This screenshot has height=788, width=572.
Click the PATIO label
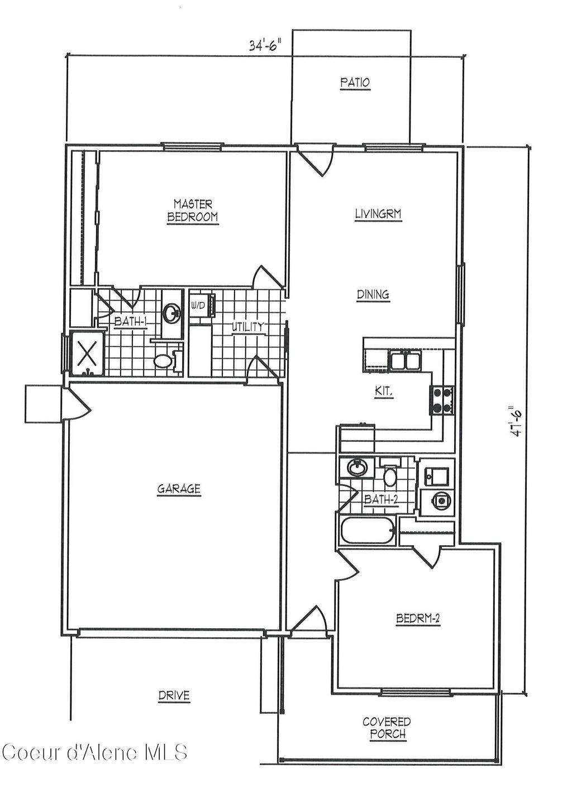[x=355, y=83]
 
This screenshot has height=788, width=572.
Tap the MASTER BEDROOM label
[x=192, y=211]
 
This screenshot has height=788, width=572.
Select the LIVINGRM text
[x=378, y=214]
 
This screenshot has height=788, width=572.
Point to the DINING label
[x=373, y=295]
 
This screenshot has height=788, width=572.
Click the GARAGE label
[x=178, y=489]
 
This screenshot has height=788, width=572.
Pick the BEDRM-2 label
[x=418, y=619]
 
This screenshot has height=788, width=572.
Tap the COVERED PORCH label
[x=387, y=728]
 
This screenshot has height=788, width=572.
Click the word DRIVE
[x=174, y=696]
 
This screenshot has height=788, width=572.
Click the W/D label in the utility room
[x=197, y=305]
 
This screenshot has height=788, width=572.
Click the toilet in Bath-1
[x=163, y=361]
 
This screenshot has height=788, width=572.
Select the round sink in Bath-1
[x=171, y=312]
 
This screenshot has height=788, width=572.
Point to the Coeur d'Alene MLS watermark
[x=95, y=752]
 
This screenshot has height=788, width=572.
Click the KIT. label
[x=384, y=393]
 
